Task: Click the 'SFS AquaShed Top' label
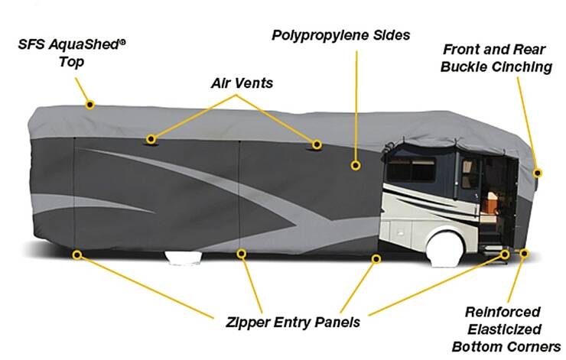[x=72, y=53]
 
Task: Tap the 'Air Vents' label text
[x=242, y=83]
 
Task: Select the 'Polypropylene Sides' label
[x=341, y=35]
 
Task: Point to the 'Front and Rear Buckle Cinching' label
[x=496, y=58]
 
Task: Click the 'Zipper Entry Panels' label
[x=293, y=322]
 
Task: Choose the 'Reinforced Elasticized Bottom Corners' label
[x=506, y=329]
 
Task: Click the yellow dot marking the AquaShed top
[x=90, y=105]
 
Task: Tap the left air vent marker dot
[x=151, y=139]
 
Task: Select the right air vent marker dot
[x=317, y=144]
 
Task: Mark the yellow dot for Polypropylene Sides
[x=356, y=166]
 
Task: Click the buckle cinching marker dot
[x=538, y=174]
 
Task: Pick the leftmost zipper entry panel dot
[x=76, y=255]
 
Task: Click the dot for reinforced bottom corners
[x=524, y=254]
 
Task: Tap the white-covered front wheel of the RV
[x=445, y=250]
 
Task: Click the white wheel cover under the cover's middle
[x=184, y=258]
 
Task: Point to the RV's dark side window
[x=411, y=169]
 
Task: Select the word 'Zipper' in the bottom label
[x=248, y=322]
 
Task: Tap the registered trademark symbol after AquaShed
[x=122, y=42]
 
